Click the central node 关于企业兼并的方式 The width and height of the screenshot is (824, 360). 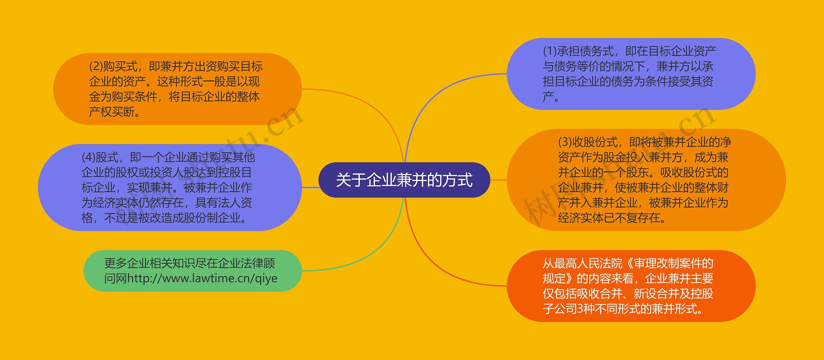[x=404, y=180]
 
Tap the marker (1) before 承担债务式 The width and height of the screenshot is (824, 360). [x=550, y=51]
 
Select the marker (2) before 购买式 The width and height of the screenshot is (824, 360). [x=96, y=67]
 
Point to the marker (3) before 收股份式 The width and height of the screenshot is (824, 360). [x=565, y=142]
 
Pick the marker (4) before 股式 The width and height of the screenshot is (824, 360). [x=88, y=157]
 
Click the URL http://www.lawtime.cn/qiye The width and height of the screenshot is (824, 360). [x=202, y=278]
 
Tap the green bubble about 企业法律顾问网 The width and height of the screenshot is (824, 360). [x=192, y=271]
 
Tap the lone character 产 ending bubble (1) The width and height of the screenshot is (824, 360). [x=548, y=97]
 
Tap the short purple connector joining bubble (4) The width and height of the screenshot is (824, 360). [x=311, y=187]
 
